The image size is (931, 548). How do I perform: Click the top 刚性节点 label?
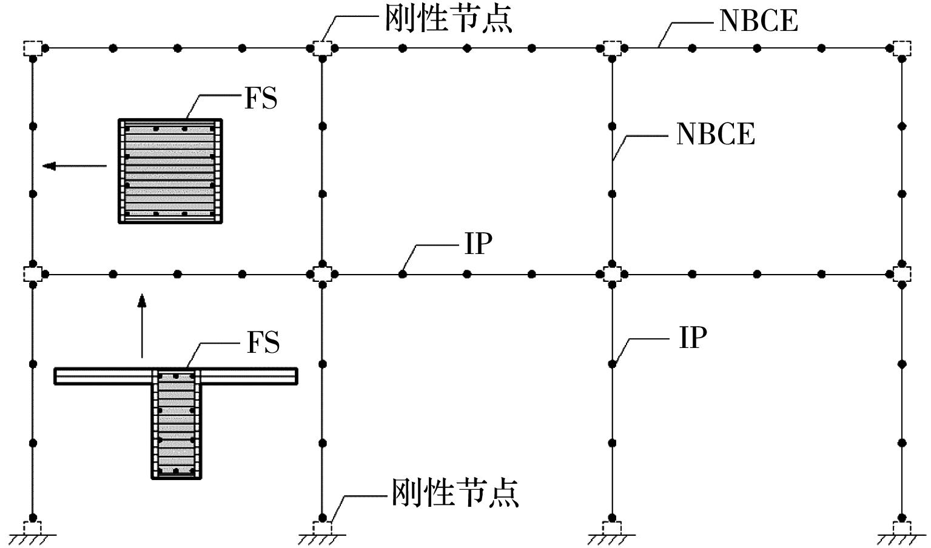click(449, 19)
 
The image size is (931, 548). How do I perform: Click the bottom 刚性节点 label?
click(455, 492)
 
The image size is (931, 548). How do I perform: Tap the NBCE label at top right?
click(758, 21)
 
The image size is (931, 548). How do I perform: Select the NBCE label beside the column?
click(716, 134)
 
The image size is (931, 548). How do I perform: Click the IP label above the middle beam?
click(479, 244)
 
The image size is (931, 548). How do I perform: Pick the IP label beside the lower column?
click(693, 338)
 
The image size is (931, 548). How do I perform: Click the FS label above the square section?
click(261, 99)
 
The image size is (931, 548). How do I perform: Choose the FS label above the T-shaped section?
click(263, 343)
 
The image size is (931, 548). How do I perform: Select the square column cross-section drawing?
click(170, 172)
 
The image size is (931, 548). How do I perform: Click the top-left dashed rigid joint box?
click(33, 47)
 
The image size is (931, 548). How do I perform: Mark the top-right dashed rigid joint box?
click(902, 47)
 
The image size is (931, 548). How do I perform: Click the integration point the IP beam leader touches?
click(403, 274)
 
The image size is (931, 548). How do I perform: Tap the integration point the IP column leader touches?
click(613, 364)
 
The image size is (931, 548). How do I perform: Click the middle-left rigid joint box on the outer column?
click(33, 274)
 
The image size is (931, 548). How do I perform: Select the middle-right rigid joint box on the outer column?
click(902, 274)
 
